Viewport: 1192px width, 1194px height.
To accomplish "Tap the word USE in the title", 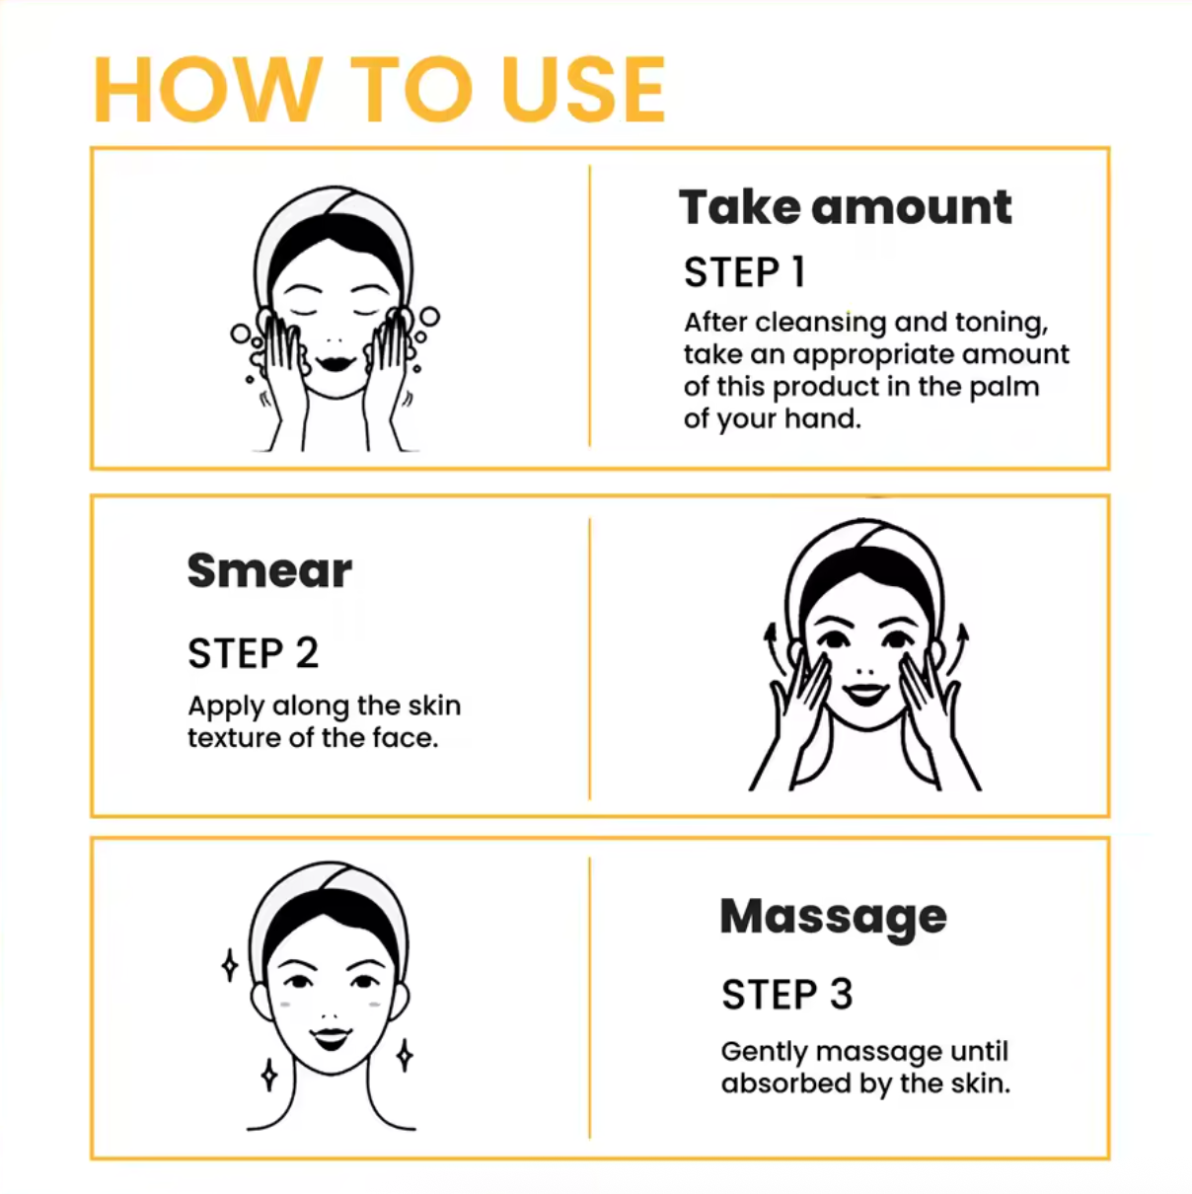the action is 584,90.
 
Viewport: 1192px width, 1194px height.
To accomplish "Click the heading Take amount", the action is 846,207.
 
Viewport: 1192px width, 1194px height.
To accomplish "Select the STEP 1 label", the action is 744,272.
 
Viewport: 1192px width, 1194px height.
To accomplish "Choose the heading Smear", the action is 269,570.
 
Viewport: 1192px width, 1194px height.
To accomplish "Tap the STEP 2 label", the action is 253,653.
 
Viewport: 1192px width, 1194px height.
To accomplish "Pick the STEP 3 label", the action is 786,995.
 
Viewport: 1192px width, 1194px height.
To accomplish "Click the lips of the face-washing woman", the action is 335,362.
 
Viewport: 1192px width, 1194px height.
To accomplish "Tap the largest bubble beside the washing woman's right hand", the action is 429,317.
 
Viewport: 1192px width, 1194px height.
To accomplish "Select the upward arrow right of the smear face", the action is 956,650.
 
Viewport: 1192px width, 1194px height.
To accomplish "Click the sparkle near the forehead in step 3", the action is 230,965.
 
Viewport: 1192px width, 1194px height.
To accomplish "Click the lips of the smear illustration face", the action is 866,694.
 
